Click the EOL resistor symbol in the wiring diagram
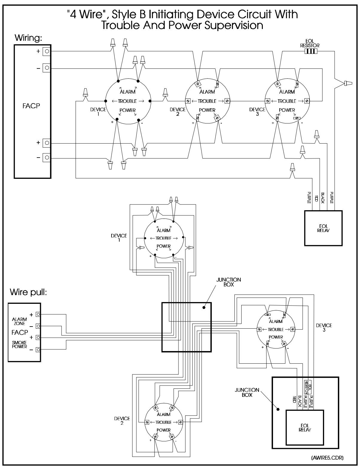[311, 51]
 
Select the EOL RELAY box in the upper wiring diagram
[323, 228]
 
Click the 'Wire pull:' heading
[28, 292]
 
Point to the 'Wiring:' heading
[28, 38]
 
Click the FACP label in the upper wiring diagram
[31, 106]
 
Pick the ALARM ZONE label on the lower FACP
[19, 321]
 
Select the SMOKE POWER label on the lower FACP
[19, 344]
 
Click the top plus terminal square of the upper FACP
[47, 51]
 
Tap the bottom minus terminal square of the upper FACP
[47, 157]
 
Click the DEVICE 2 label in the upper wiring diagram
[178, 112]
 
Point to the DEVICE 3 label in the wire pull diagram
[324, 327]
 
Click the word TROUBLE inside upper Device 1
[127, 101]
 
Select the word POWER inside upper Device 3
[287, 110]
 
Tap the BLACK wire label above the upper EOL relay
[323, 198]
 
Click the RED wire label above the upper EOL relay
[316, 198]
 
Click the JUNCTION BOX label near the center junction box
[229, 282]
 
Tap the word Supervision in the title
[234, 26]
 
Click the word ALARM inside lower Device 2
[164, 414]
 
